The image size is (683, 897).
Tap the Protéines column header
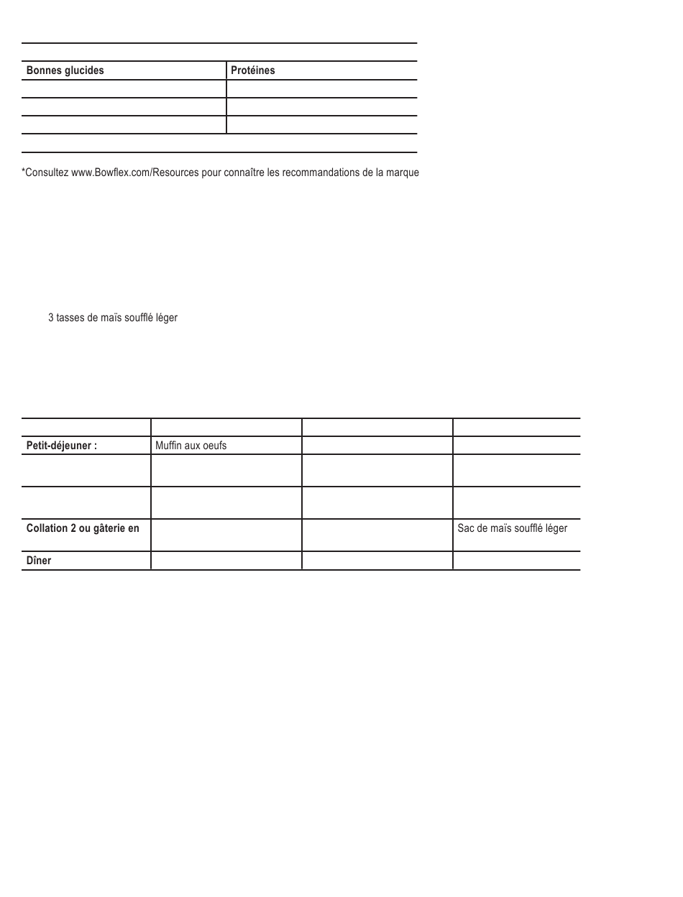point(252,70)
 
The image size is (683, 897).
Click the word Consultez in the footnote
point(46,172)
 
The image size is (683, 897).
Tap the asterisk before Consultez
point(24,171)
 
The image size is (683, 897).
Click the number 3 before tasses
point(50,317)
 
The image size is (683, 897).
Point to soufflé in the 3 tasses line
point(137,317)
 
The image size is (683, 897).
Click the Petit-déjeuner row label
point(61,446)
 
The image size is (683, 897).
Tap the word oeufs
point(214,446)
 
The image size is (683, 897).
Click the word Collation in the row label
point(47,528)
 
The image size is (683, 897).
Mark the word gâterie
point(110,528)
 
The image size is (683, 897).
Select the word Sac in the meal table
point(466,528)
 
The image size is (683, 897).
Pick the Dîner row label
point(39,561)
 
